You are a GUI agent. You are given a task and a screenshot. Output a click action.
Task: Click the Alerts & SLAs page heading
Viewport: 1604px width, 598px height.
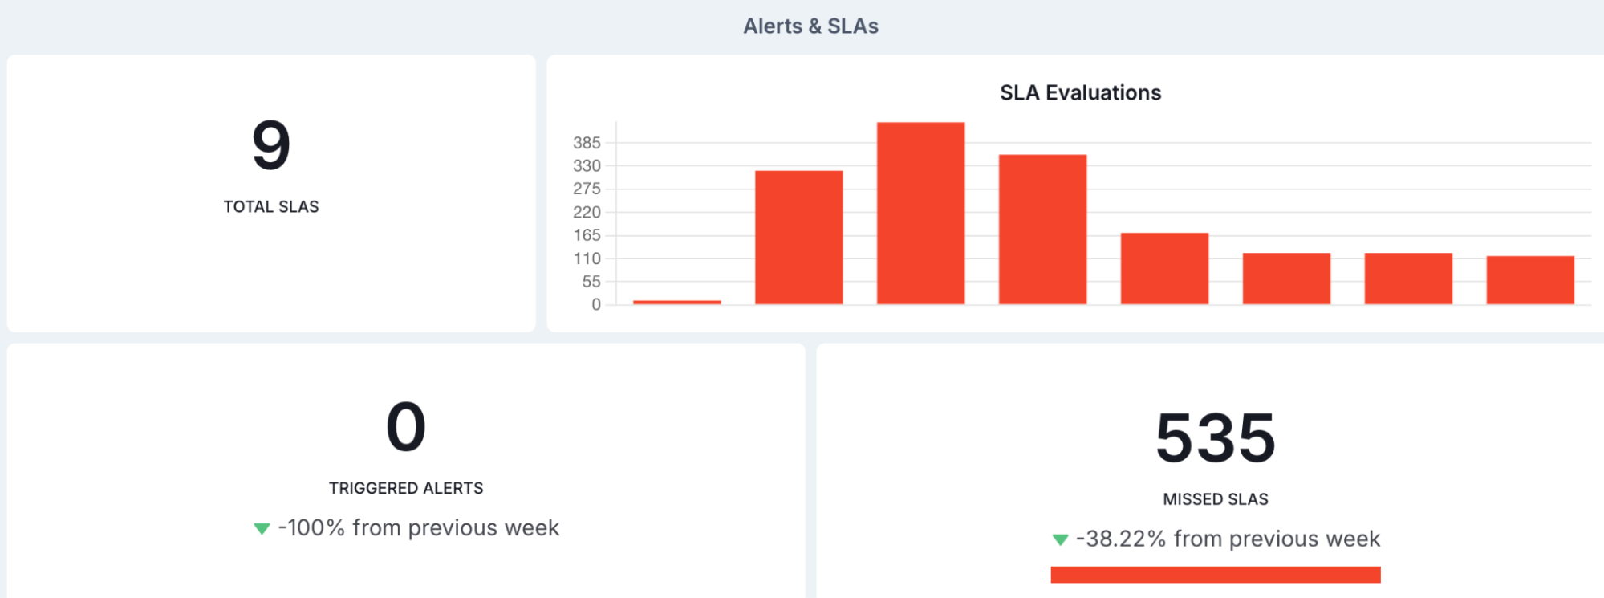click(810, 26)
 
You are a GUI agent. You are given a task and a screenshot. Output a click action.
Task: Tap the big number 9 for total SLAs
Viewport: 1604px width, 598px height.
click(271, 145)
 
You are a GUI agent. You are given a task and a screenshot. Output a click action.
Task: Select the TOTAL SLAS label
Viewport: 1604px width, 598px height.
click(271, 207)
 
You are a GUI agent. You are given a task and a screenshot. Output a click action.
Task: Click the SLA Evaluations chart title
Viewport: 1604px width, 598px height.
click(1080, 93)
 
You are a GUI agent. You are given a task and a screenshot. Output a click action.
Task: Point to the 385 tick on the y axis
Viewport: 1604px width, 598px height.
click(587, 143)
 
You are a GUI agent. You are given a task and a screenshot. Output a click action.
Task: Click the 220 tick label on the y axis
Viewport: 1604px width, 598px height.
click(587, 212)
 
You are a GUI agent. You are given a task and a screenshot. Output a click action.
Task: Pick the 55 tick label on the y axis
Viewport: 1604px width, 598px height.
click(591, 282)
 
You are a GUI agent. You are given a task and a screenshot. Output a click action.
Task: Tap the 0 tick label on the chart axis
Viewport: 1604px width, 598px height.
click(596, 305)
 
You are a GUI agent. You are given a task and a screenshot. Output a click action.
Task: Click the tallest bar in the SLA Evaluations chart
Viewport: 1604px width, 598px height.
click(920, 213)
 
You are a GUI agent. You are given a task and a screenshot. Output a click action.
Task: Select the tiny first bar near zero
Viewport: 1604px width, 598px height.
click(676, 302)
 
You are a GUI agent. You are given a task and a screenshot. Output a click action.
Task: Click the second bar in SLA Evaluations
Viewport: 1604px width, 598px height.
click(798, 237)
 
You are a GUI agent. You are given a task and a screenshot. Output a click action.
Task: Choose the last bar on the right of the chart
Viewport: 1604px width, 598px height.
click(1530, 280)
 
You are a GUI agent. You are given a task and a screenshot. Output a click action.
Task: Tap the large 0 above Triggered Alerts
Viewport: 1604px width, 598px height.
click(406, 426)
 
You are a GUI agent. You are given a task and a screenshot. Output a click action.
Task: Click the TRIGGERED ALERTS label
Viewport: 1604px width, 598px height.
click(406, 488)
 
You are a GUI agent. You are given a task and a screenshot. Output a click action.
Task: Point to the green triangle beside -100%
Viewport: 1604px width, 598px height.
click(262, 528)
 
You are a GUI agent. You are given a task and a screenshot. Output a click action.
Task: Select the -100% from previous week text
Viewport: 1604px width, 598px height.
click(418, 528)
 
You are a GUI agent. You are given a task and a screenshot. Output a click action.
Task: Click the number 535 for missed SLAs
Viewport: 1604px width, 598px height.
click(1216, 437)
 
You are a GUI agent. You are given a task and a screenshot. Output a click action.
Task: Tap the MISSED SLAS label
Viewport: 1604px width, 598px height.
click(1216, 499)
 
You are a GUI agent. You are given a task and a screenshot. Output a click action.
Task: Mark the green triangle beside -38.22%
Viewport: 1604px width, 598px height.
click(1060, 539)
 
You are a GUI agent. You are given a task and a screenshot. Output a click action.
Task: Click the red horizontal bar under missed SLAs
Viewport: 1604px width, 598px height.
click(1216, 575)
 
